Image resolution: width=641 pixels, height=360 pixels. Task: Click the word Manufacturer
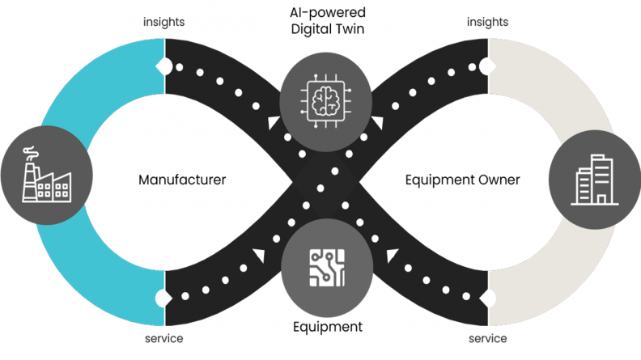coord(182,180)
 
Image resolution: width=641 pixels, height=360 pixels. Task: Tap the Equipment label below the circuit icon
coord(327,328)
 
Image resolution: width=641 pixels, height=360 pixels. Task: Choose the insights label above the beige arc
coord(487,21)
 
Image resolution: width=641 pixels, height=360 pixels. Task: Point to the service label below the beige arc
coord(488,338)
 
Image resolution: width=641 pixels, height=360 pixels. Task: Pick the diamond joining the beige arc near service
coord(486,297)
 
